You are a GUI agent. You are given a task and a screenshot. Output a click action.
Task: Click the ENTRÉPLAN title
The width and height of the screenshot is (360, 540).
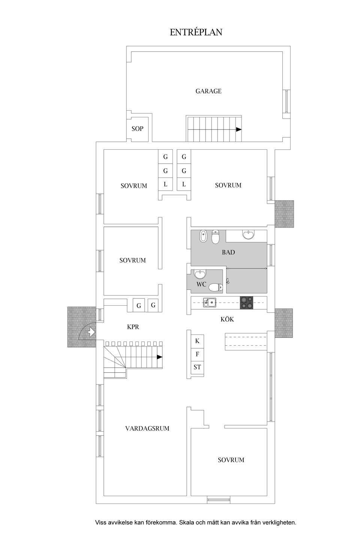196,32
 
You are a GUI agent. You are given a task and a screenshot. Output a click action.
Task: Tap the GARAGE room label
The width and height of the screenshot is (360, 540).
208,91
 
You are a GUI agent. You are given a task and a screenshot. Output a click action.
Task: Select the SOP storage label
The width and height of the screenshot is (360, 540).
137,129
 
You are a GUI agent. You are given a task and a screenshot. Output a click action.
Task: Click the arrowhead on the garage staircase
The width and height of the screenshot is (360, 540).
238,129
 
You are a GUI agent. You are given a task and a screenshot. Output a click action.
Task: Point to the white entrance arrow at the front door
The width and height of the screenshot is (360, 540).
91,332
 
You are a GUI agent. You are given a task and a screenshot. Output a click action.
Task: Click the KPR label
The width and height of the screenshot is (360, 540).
133,327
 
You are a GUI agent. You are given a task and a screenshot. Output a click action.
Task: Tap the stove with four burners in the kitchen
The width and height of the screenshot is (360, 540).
246,303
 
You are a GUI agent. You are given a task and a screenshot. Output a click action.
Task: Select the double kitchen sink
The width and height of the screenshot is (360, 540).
209,302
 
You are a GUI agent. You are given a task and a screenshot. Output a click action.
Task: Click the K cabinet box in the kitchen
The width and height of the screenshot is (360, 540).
197,341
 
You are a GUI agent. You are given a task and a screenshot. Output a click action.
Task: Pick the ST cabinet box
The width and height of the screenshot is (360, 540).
197,367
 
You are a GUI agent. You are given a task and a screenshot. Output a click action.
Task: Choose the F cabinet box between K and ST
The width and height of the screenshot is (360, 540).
197,354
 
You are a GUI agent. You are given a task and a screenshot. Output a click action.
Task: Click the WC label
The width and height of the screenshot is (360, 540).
201,285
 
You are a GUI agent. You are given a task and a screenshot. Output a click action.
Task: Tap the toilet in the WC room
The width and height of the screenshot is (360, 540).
215,287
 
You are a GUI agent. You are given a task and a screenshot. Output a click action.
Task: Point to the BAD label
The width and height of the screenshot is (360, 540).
228,252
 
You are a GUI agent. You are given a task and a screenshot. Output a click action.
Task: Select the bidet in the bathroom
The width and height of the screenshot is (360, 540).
203,236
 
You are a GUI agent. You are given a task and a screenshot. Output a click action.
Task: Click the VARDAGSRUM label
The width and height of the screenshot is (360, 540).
147,428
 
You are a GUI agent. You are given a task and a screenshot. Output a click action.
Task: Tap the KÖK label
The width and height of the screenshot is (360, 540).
227,319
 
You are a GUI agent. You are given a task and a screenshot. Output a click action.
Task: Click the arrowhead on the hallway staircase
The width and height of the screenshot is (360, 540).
159,357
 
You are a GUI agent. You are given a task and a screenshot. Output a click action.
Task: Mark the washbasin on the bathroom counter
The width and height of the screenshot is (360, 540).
248,235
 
